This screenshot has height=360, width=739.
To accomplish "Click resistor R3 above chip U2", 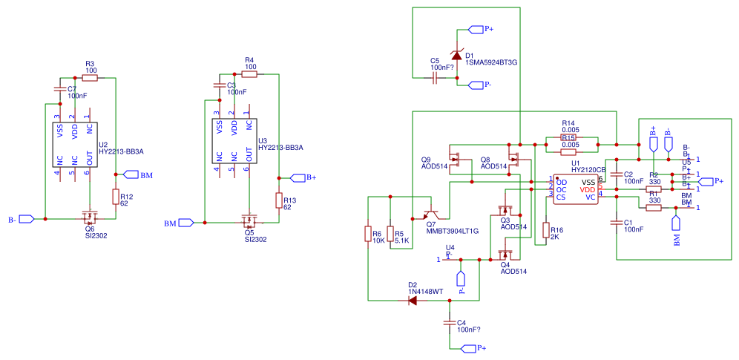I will pyautogui.click(x=90, y=77).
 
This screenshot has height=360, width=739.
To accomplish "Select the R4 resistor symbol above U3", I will pyautogui.click(x=249, y=74).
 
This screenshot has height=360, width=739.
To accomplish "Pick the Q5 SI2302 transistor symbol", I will pyautogui.click(x=249, y=220).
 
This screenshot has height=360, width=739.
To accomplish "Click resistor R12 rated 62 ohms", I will pyautogui.click(x=116, y=197).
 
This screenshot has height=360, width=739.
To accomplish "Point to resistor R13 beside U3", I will pyautogui.click(x=279, y=200).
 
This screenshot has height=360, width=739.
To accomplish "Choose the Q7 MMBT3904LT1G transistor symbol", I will pyautogui.click(x=431, y=215).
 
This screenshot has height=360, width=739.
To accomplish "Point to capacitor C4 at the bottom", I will pyautogui.click(x=450, y=323).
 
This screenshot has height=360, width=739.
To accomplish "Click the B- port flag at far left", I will pyautogui.click(x=26, y=219).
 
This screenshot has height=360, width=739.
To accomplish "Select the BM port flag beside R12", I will pyautogui.click(x=131, y=175).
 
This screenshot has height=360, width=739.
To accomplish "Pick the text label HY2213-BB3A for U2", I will pyautogui.click(x=121, y=151).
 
